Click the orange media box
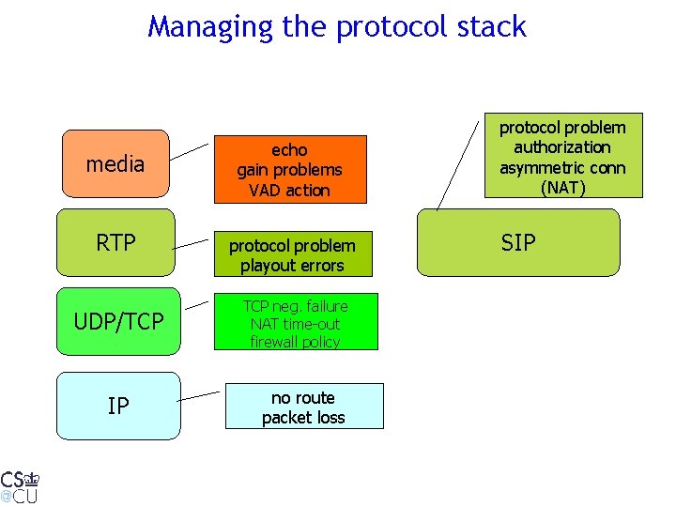click(115, 165)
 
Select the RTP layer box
click(115, 243)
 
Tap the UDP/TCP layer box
click(118, 322)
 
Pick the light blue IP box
click(118, 406)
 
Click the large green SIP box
click(518, 243)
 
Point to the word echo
click(289, 150)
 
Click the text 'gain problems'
click(289, 170)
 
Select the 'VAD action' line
click(289, 191)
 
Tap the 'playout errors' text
click(292, 266)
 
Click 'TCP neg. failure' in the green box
click(295, 306)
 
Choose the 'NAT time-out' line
click(295, 324)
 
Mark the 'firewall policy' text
click(295, 342)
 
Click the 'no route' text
click(303, 398)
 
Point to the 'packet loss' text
click(303, 418)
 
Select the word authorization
click(562, 147)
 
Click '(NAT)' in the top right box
click(562, 188)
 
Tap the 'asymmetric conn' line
click(562, 167)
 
